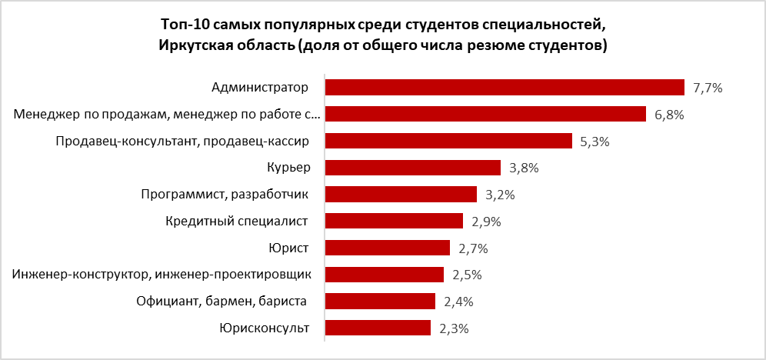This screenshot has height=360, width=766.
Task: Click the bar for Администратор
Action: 505,87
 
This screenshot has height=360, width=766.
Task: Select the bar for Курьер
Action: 413,168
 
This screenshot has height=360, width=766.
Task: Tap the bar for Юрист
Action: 387,248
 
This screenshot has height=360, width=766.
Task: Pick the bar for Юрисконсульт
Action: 378,328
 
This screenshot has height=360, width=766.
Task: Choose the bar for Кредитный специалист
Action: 394,222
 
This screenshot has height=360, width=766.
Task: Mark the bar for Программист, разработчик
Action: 401,195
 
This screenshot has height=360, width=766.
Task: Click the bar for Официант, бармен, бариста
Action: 380,302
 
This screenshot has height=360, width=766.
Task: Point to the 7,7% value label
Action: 707,88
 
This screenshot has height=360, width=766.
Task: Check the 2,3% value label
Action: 453,328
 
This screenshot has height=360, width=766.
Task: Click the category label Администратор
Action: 259,87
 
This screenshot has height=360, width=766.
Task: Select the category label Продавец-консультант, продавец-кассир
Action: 182,141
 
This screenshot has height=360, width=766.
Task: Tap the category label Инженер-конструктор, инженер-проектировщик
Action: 162,275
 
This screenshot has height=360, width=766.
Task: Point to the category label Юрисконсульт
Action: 264,328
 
